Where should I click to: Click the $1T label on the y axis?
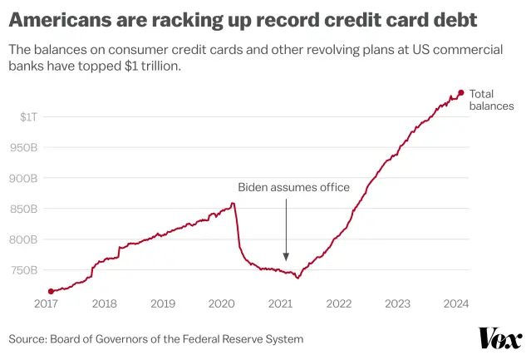click(28, 116)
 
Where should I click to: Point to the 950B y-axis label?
click(24, 147)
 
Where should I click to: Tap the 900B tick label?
click(24, 178)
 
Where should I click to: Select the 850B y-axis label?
click(24, 209)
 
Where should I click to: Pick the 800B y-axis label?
click(24, 239)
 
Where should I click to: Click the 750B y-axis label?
click(24, 270)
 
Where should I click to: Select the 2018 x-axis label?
click(104, 304)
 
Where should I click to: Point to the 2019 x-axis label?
click(163, 304)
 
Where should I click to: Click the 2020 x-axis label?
click(222, 304)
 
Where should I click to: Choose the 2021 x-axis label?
click(281, 304)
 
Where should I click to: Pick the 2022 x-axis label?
click(339, 304)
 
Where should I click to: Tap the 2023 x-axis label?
click(398, 304)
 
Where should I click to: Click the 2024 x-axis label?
click(456, 304)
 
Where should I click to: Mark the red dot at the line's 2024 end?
click(461, 92)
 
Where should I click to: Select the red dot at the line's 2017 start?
click(51, 291)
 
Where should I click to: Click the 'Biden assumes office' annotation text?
click(293, 187)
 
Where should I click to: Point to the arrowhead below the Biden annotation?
click(286, 258)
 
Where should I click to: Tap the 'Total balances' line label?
click(491, 100)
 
